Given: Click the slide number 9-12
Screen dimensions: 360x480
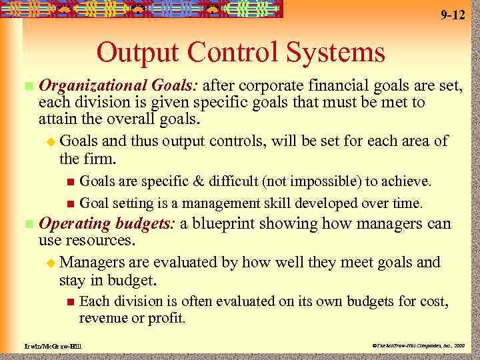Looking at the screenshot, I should click(453, 15).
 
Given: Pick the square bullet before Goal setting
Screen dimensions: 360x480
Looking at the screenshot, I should click(71, 203).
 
